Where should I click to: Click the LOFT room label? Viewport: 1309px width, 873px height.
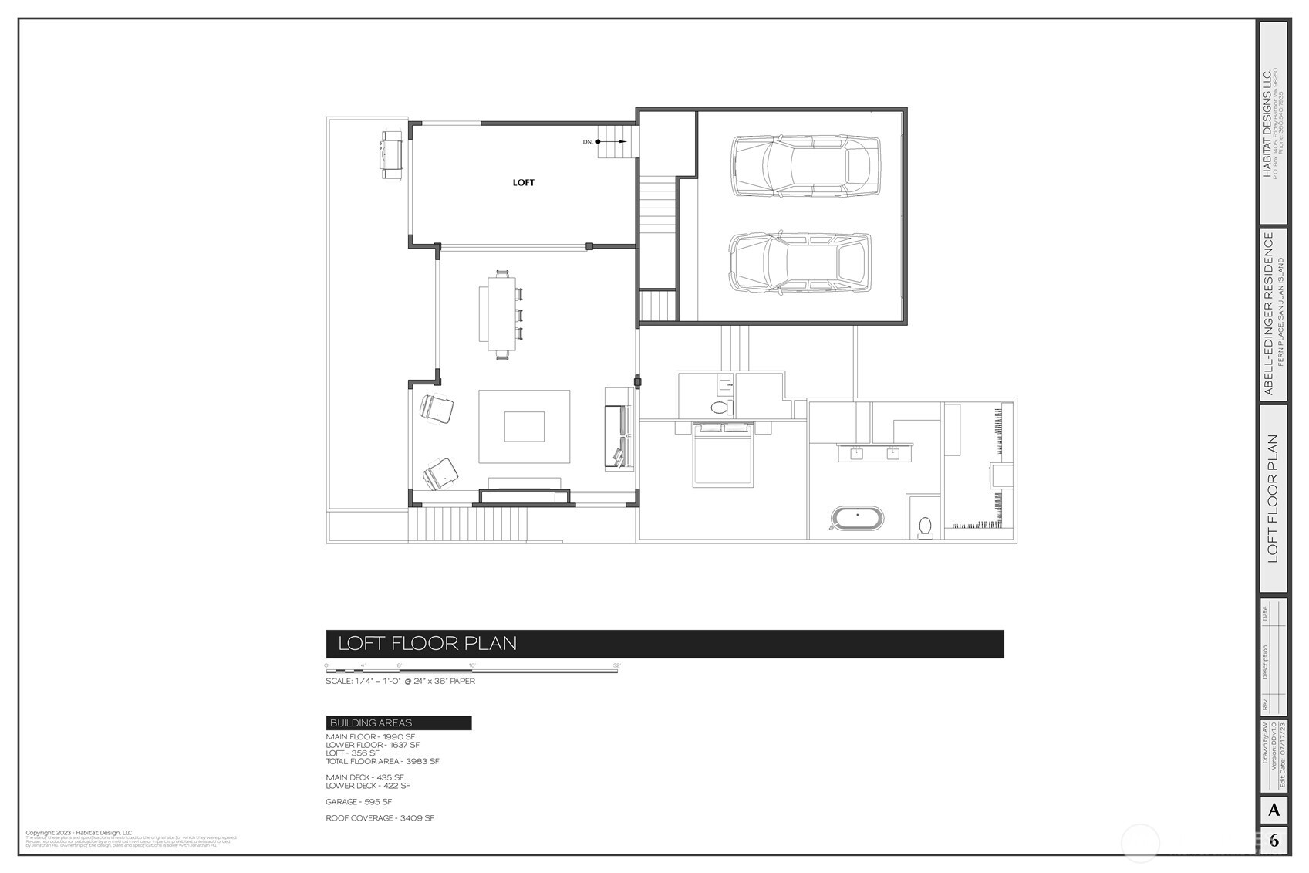[523, 183]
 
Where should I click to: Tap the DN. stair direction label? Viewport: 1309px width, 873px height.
[588, 142]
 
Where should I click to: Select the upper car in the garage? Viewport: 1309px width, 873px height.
[805, 165]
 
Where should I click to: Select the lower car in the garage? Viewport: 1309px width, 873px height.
[801, 262]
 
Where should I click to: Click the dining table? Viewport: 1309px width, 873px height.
[502, 314]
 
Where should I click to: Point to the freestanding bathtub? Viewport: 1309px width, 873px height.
[858, 517]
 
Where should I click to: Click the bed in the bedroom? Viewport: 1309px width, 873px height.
[723, 455]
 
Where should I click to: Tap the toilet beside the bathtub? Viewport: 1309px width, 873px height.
[926, 526]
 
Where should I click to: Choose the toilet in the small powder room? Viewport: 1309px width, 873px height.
[719, 407]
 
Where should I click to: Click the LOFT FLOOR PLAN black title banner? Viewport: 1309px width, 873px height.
[664, 644]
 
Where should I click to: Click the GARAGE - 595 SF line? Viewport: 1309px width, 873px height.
[359, 802]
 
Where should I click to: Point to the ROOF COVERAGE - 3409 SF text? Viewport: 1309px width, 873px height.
[380, 818]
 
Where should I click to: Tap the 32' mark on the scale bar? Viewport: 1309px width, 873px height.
[616, 665]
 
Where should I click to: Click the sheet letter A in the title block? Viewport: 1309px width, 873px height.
[1274, 810]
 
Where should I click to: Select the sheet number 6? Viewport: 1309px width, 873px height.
[1274, 841]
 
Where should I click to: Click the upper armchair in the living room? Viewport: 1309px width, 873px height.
[436, 408]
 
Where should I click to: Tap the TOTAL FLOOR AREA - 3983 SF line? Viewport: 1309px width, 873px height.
[382, 761]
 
